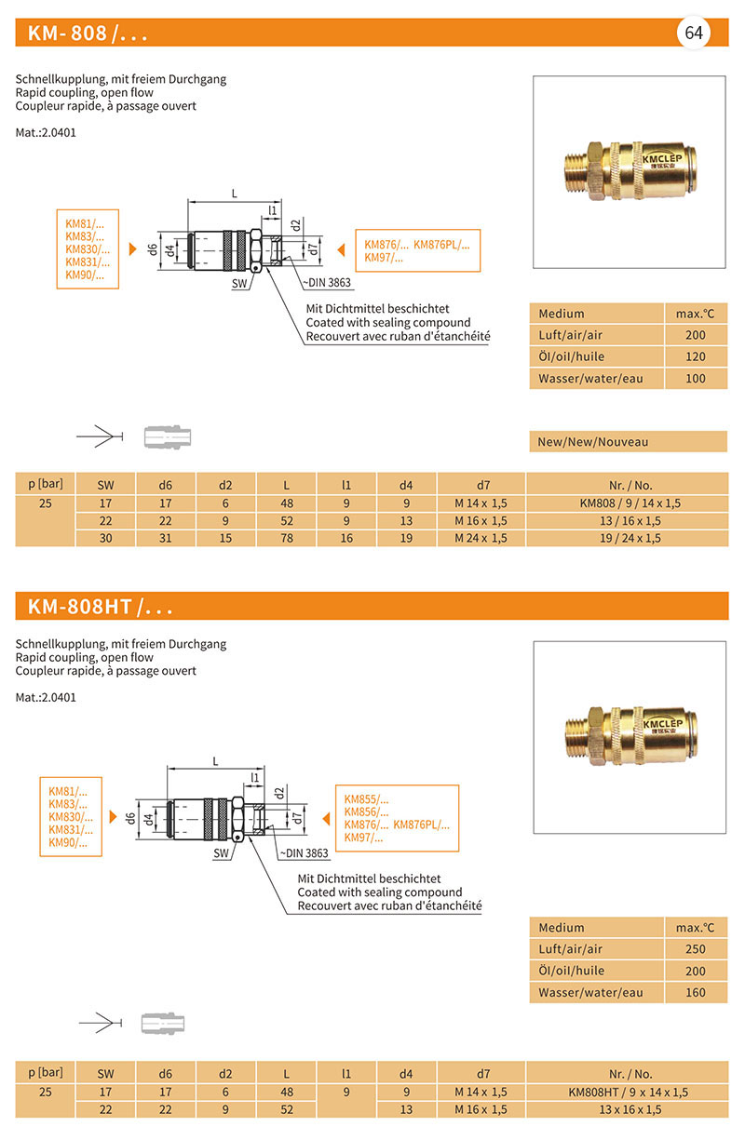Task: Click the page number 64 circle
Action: click(694, 33)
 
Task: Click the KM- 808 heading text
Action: click(88, 34)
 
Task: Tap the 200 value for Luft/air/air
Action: click(695, 335)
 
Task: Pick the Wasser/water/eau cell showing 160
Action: click(695, 993)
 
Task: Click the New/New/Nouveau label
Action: click(593, 442)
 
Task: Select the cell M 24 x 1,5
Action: click(481, 538)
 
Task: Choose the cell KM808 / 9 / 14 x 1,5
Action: click(630, 503)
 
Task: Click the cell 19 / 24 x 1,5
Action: click(630, 538)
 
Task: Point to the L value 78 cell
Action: click(286, 538)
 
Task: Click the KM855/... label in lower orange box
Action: click(366, 799)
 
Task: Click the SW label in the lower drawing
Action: click(221, 852)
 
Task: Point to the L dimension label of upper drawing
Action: click(234, 194)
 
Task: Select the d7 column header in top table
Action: click(482, 484)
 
